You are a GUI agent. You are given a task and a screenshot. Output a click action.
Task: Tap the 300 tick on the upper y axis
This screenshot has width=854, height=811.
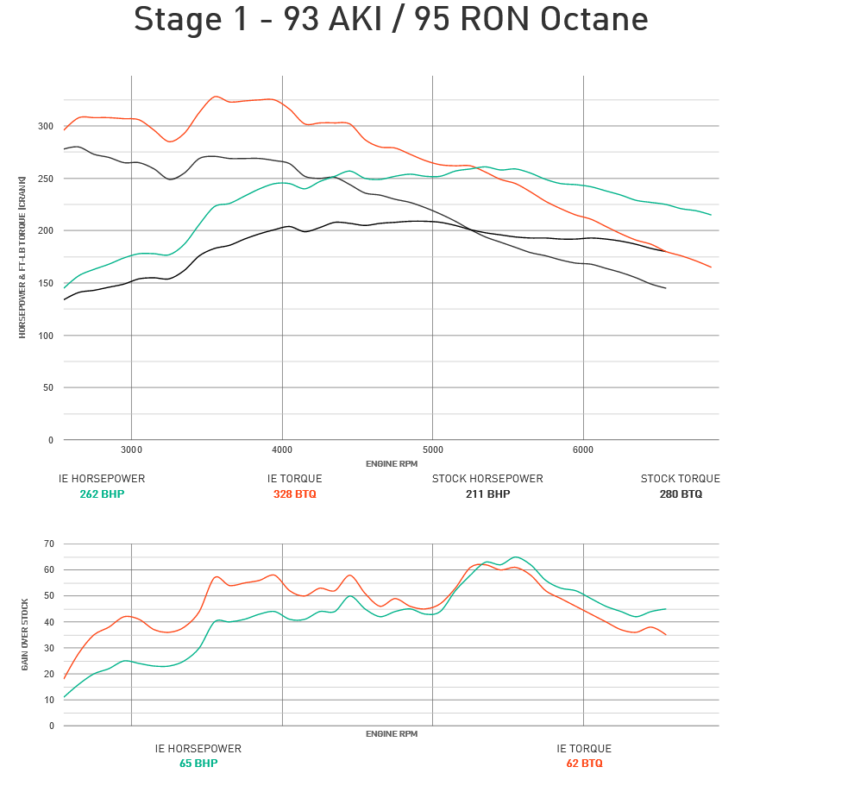point(45,126)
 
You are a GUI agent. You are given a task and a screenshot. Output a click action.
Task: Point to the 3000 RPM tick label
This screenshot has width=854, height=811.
point(131,450)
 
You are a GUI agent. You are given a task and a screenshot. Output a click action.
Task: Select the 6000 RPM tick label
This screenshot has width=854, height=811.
point(583,450)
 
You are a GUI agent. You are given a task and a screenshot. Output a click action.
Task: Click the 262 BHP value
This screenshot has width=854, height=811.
point(102,494)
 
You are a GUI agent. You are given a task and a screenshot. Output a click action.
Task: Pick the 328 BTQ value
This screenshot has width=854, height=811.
point(294,494)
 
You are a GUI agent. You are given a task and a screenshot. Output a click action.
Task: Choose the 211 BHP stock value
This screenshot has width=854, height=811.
point(487,494)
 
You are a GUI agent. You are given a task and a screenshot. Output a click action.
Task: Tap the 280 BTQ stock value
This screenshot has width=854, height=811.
point(680,494)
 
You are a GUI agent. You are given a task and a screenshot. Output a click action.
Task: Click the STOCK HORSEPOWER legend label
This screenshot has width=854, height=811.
point(487,479)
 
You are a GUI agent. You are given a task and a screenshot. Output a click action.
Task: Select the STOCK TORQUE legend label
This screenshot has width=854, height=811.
point(680,479)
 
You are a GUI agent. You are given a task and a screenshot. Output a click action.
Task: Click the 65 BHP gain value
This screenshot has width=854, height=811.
point(198,764)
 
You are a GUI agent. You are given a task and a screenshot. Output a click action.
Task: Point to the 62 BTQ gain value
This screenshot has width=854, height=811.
point(584,764)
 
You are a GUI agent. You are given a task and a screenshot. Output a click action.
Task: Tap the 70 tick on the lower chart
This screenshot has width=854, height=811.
point(49,544)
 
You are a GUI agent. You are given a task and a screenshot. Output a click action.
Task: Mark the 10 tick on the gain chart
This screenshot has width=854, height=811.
point(49,700)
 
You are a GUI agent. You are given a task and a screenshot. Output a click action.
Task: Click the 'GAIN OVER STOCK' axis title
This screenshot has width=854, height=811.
point(25,634)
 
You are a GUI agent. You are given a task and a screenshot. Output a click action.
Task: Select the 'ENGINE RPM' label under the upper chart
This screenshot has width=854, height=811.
point(391,463)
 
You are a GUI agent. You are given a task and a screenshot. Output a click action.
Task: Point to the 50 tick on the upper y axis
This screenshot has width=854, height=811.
point(47,387)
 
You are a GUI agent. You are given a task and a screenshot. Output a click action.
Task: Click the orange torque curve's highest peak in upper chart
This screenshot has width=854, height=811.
point(217,97)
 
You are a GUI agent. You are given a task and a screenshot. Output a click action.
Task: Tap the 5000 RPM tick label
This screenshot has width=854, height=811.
point(432,450)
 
